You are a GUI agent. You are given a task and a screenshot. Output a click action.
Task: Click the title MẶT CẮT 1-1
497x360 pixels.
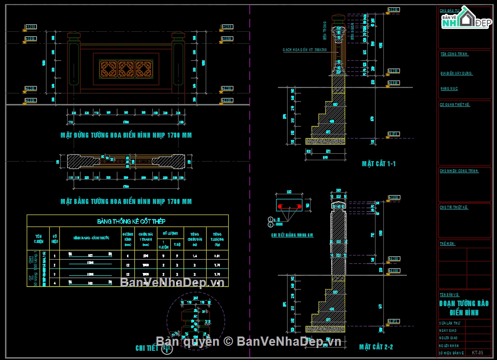[x=379, y=164]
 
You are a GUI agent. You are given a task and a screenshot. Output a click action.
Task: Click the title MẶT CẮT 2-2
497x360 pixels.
[x=376, y=347]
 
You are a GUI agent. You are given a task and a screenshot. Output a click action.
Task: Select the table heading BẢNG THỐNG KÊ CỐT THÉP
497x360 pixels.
[x=127, y=221]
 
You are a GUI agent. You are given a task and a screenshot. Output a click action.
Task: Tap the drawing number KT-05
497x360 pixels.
[x=478, y=353]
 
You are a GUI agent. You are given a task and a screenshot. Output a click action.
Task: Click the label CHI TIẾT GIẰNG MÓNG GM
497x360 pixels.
[x=292, y=235]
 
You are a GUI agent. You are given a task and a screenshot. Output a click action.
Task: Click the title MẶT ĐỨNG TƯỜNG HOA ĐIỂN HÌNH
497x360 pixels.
[x=126, y=135]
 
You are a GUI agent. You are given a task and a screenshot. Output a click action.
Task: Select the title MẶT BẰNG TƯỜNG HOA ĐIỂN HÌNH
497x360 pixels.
[x=126, y=202]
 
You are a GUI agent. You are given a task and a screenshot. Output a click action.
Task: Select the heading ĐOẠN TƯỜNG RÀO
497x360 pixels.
[x=464, y=304]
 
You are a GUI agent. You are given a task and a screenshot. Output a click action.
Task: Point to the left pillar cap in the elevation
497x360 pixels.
[x=74, y=35]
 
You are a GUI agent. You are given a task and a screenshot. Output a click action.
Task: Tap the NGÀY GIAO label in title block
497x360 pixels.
[x=448, y=331]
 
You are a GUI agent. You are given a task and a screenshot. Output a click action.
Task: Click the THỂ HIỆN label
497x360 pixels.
[x=448, y=244]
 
